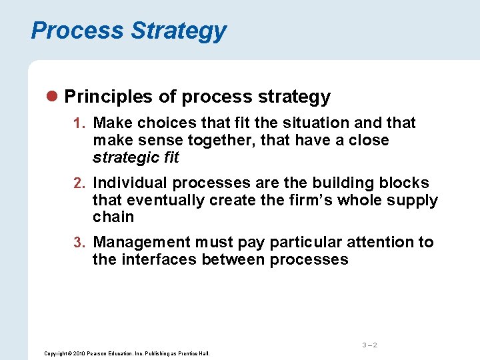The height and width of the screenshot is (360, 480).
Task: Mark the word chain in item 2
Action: tap(113, 217)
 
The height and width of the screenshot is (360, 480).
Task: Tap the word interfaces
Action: tap(155, 259)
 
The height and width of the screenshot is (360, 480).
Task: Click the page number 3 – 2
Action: tap(370, 345)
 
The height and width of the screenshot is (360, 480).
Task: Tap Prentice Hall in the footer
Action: tap(194, 353)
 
